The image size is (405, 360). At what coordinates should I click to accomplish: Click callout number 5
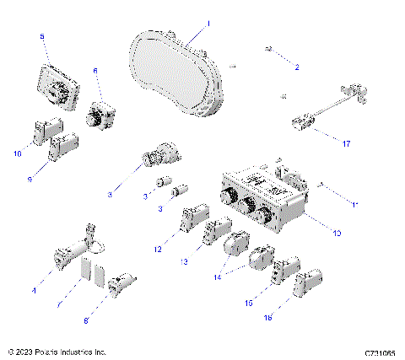[x=43, y=36]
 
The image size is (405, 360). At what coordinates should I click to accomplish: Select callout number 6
[x=95, y=71]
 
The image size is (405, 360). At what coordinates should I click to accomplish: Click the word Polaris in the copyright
[x=52, y=351]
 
